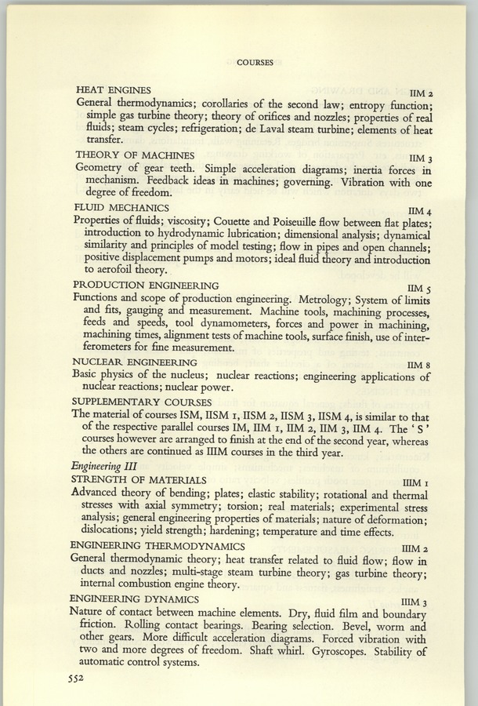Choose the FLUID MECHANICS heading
coord(125,209)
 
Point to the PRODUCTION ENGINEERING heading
coord(147,286)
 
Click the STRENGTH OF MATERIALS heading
coord(139,479)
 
